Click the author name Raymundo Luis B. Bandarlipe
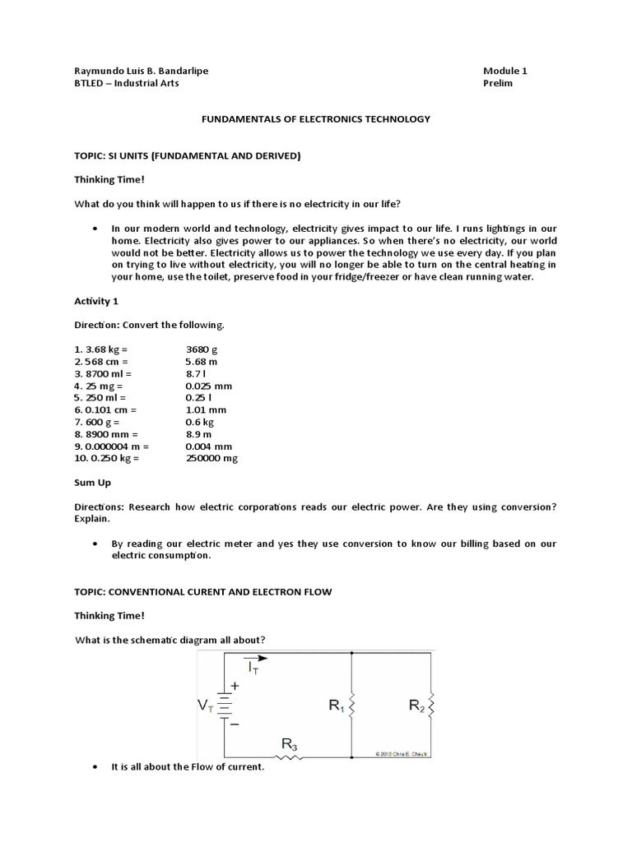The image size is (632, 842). (141, 71)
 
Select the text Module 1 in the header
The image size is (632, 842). (505, 71)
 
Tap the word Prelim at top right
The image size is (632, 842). (498, 83)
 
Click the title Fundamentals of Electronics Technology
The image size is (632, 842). (316, 119)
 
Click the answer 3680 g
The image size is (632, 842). (202, 349)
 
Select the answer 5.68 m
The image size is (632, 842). (202, 361)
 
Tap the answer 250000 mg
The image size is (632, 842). (211, 458)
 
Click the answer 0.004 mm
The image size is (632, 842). (209, 446)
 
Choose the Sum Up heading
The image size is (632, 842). (93, 483)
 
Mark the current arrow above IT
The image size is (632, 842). (256, 658)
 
